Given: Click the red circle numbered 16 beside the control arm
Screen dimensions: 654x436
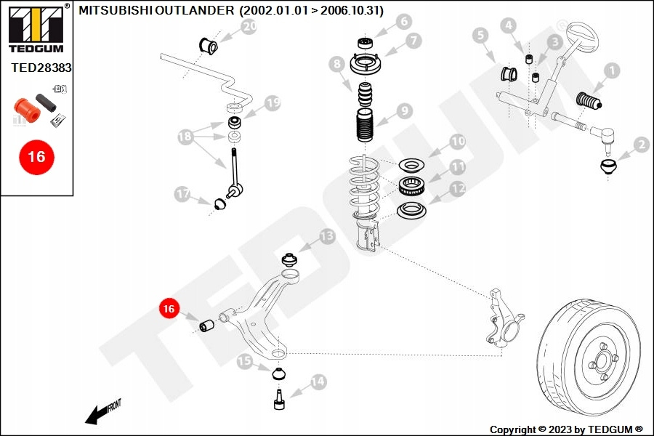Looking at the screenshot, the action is [169, 308].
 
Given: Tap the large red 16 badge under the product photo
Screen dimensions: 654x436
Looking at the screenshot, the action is [37, 157].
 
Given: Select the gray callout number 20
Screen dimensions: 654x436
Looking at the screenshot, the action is [249, 27].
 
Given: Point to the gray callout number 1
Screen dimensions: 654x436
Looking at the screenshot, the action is [612, 70].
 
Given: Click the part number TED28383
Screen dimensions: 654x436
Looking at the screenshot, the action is [41, 68].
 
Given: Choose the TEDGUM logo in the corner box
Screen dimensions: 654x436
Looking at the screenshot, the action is [36, 28].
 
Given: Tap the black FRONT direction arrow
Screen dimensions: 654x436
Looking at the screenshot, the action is [102, 413].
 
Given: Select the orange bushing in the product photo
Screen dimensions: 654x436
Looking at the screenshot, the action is [27, 110].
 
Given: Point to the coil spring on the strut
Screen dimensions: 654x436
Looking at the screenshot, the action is [365, 187].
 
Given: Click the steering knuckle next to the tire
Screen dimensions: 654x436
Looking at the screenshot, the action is [505, 317].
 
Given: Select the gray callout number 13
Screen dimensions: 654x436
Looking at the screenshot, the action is [328, 237].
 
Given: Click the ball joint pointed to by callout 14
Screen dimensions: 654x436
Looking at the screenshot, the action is [279, 399].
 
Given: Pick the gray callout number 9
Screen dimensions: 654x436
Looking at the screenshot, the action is [405, 111].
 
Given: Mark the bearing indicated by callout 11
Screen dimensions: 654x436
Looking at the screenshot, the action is [412, 186].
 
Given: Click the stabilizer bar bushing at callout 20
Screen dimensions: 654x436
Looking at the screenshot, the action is [208, 46].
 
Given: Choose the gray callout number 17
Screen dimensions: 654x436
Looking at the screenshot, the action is [182, 194].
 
